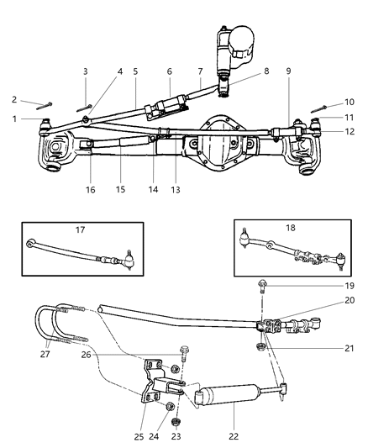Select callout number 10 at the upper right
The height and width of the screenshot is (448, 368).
[x=350, y=102]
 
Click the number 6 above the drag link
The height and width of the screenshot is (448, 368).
[x=168, y=72]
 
